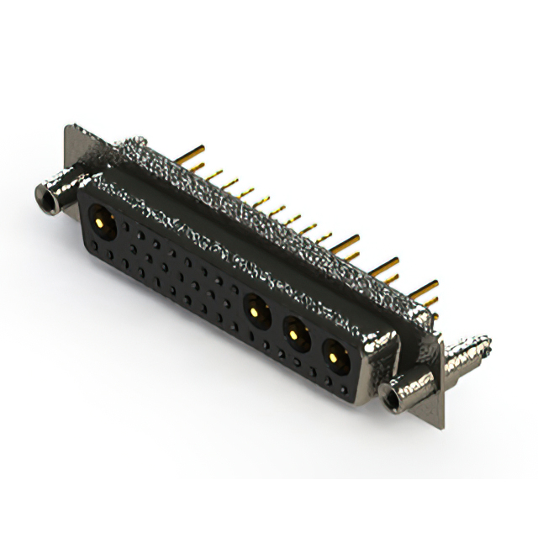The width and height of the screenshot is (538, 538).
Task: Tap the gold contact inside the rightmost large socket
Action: pyautogui.click(x=335, y=358)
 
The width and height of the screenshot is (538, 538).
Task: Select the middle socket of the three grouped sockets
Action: pyautogui.click(x=294, y=335)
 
